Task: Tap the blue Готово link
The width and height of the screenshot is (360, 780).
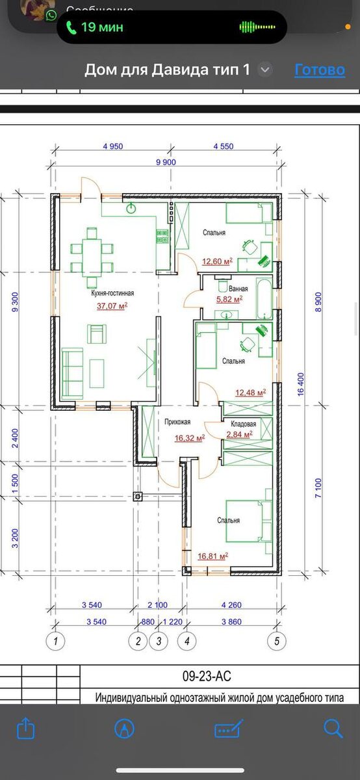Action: (x=320, y=70)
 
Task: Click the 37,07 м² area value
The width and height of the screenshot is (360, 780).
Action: (x=112, y=305)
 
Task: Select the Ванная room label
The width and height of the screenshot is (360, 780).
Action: (x=238, y=289)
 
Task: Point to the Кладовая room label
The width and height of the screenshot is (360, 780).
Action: (x=244, y=424)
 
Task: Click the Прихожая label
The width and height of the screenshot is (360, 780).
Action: (x=177, y=422)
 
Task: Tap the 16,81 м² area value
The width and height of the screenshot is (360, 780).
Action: (x=212, y=556)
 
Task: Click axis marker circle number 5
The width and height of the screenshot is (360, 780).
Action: (x=277, y=641)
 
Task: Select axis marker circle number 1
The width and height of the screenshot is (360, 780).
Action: (x=55, y=641)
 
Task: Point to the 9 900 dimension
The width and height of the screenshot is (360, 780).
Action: (x=166, y=162)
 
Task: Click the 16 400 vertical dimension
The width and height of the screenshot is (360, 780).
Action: (x=301, y=384)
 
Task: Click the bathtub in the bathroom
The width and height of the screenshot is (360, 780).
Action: (x=264, y=298)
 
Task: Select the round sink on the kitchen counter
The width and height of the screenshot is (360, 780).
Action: (x=131, y=209)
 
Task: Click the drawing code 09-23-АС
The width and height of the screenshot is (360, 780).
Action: (x=207, y=676)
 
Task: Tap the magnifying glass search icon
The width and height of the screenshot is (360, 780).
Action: (x=333, y=729)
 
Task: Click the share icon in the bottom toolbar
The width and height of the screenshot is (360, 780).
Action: (x=26, y=728)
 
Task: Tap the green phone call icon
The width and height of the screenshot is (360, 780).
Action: (x=71, y=27)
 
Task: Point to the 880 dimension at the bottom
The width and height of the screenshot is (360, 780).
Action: (x=148, y=621)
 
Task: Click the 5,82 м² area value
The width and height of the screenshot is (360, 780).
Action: (x=229, y=299)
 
